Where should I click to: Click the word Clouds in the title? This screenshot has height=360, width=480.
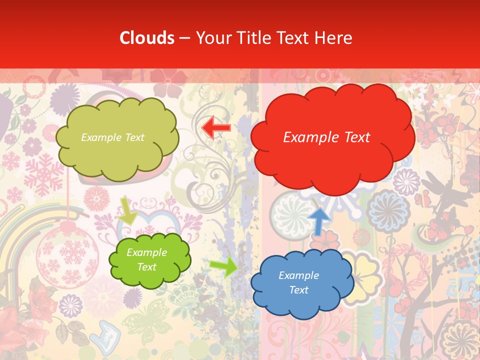tap(147, 38)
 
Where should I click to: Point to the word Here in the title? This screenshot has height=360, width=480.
tap(333, 38)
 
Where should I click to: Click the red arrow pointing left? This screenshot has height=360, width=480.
tap(216, 127)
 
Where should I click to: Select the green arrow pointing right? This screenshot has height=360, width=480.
tap(223, 266)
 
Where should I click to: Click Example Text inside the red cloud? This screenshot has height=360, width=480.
tap(326, 137)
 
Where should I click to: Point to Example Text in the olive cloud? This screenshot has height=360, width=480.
tap(112, 137)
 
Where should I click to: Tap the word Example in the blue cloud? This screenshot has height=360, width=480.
tap(298, 275)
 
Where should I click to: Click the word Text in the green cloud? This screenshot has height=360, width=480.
tap(146, 267)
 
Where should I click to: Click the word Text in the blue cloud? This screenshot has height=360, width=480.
tap(298, 290)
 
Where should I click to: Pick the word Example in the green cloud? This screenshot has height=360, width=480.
tap(146, 252)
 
